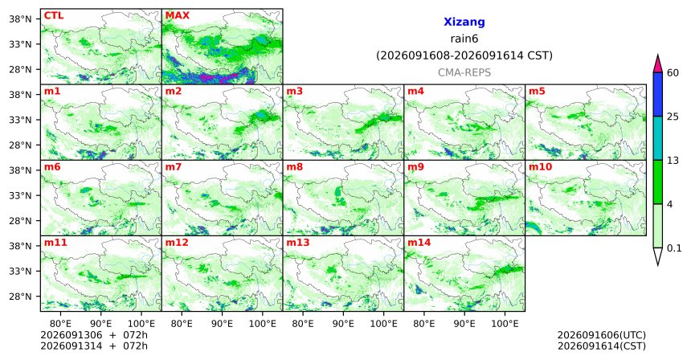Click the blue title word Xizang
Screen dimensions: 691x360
[464, 22]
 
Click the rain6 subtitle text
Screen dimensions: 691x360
[464, 39]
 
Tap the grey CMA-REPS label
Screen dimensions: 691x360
[464, 72]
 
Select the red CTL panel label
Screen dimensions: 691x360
[54, 16]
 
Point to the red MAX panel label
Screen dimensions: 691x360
[177, 16]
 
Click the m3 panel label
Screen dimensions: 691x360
[295, 92]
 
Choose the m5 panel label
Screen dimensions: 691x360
[537, 92]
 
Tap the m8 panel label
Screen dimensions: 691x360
[295, 167]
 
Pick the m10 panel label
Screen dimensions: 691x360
[540, 167]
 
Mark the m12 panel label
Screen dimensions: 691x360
[176, 243]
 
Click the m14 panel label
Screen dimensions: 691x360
[419, 243]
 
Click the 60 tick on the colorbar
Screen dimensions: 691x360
[673, 72]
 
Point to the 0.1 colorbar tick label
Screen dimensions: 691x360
[674, 248]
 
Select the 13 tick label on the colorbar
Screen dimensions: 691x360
[673, 161]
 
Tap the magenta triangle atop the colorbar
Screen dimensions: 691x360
[658, 63]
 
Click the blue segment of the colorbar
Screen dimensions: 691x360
[658, 94]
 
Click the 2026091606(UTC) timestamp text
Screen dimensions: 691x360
[602, 335]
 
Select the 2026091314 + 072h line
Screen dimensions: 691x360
[94, 346]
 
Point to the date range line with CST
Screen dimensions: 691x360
[464, 56]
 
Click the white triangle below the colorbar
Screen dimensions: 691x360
[658, 256]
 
